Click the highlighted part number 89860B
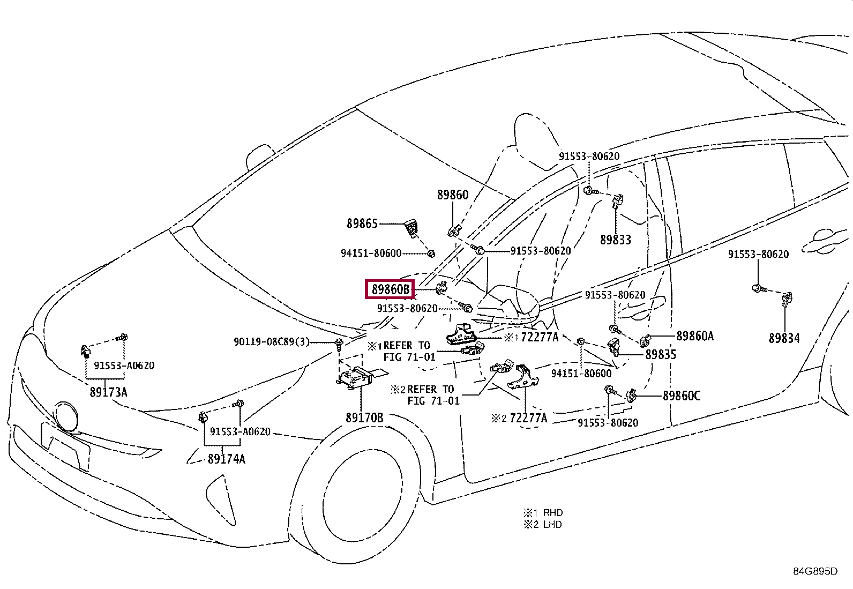pos(390,289)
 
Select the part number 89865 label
pos(362,223)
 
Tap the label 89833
pos(616,240)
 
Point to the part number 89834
pos(784,338)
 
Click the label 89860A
pos(695,336)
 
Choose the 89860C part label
pos(681,396)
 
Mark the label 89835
pos(661,355)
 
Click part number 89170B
pos(364,418)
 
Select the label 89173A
pos(108,392)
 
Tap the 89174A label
pos(226,459)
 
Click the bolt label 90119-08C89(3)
pos(272,342)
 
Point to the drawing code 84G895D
pos(815,571)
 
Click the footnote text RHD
pos(552,512)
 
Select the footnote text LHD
pos(552,525)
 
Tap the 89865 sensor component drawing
pos(411,228)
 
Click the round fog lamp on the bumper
pos(66,416)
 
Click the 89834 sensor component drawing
pos(787,299)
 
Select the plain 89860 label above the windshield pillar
pos(452,195)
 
